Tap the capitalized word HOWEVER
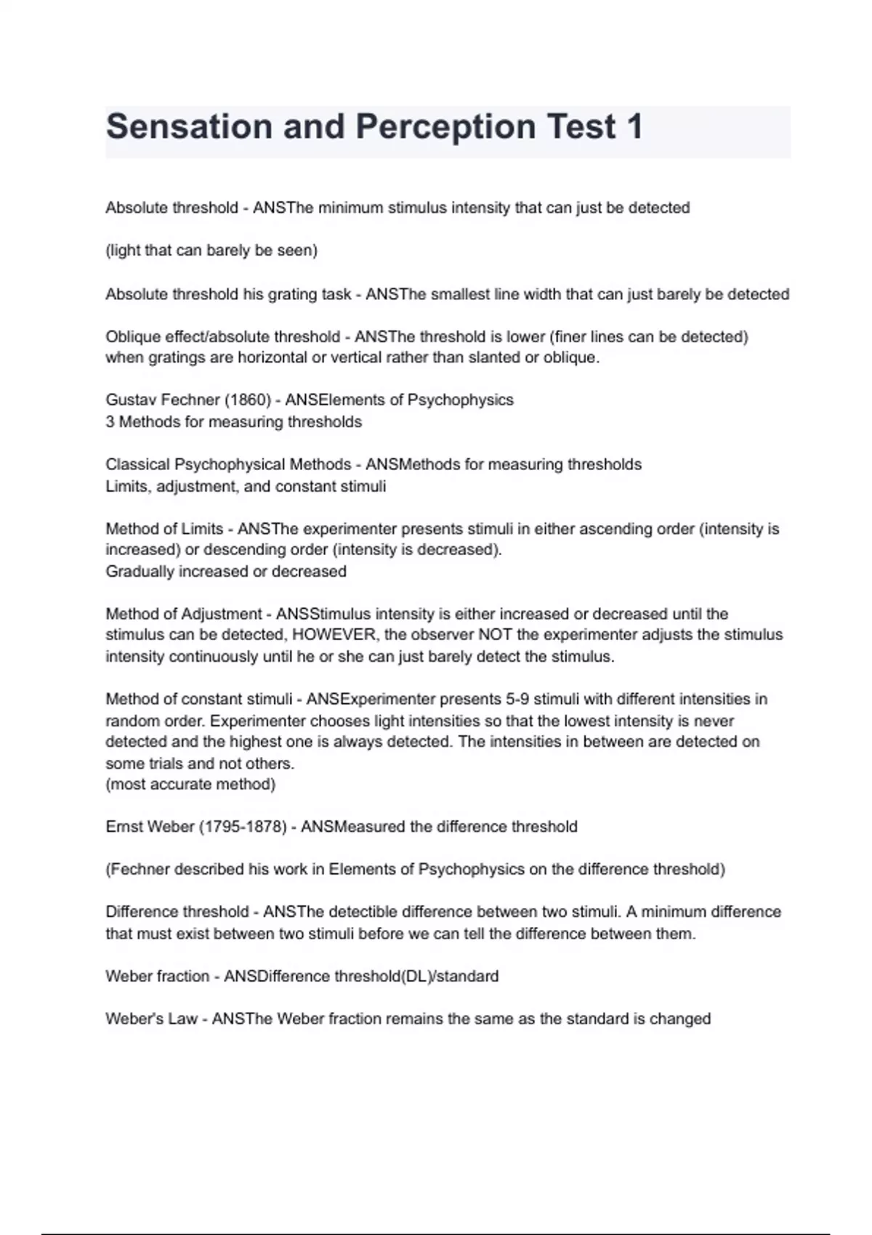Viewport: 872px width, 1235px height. pyautogui.click(x=334, y=634)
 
